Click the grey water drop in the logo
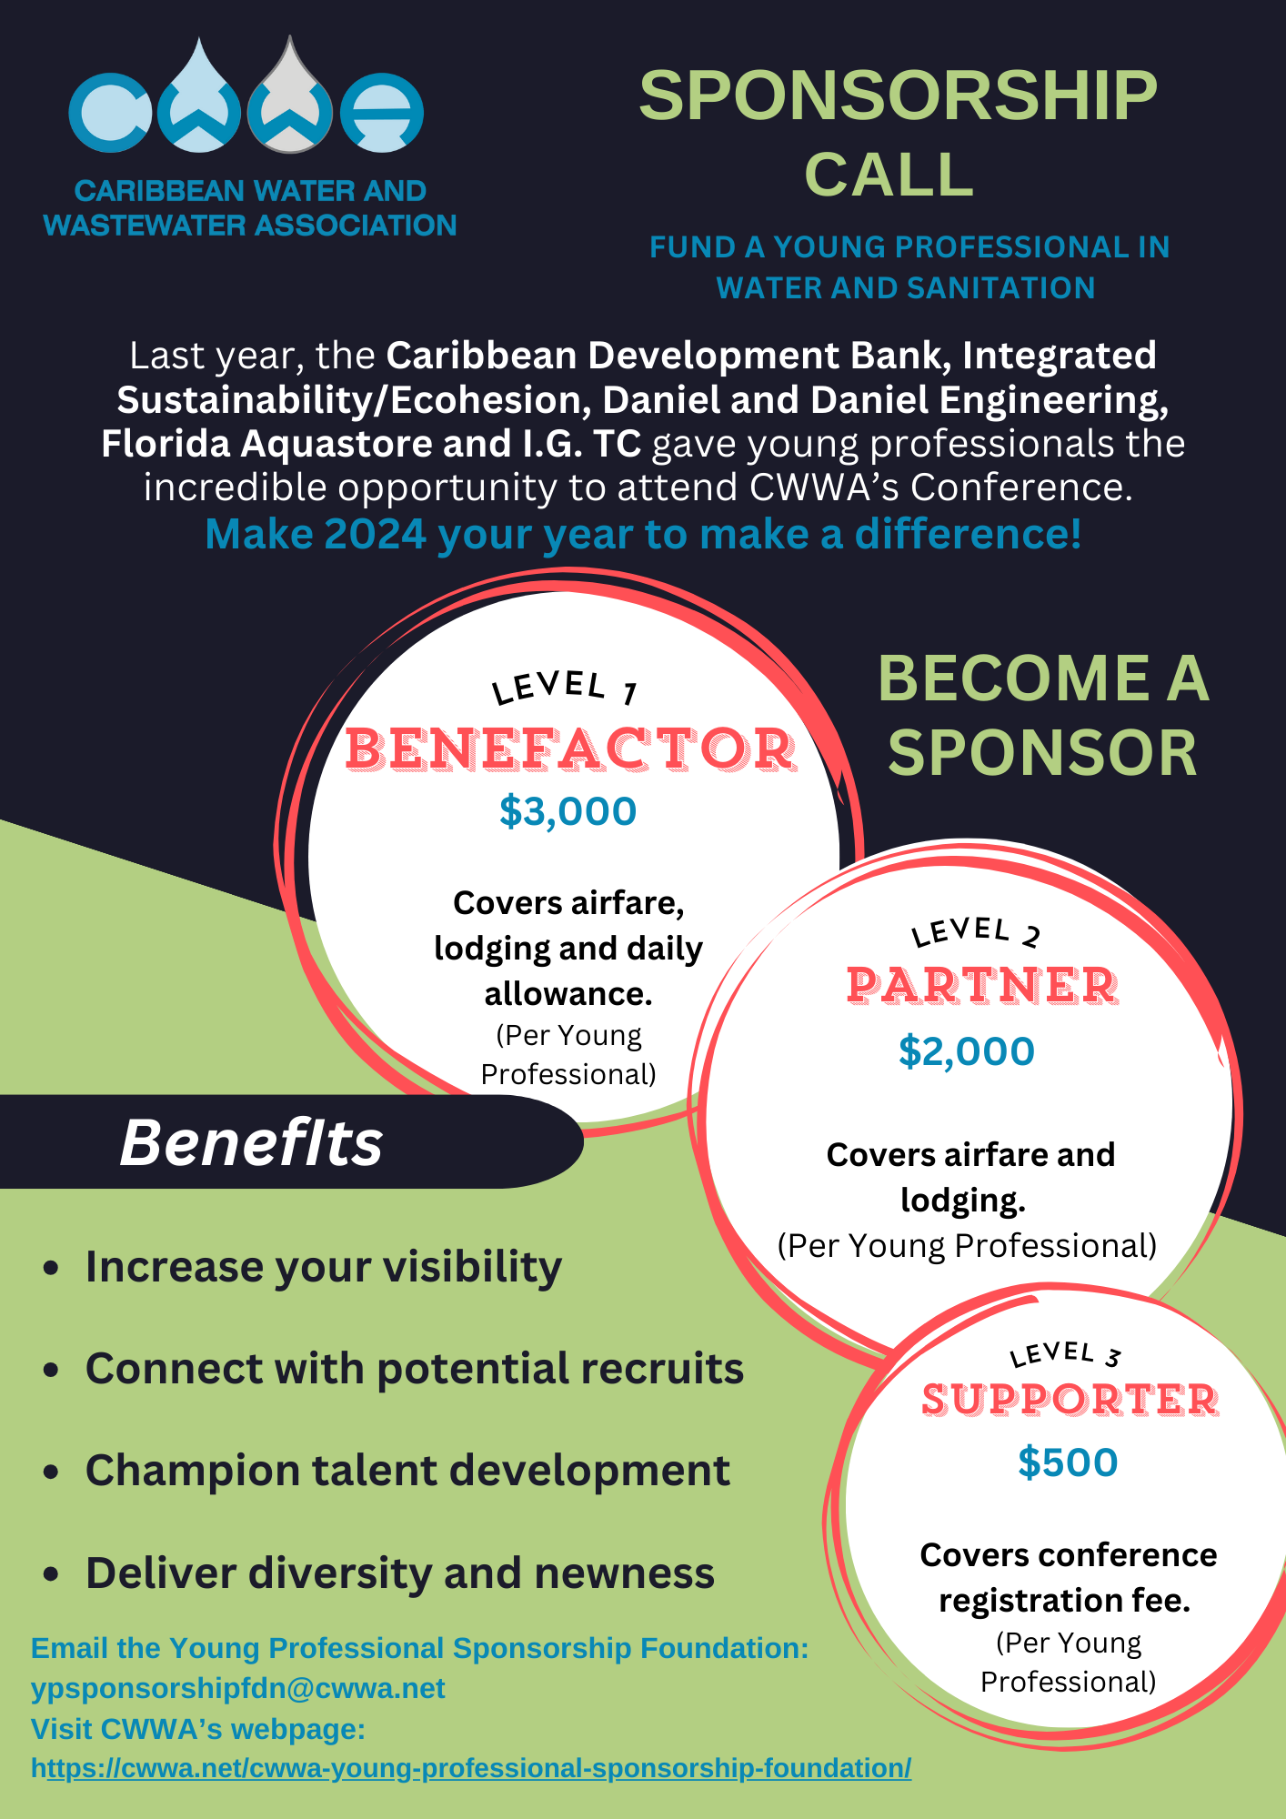point(290,96)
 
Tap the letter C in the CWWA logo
point(109,112)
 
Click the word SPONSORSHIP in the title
point(898,95)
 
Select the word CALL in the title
point(889,174)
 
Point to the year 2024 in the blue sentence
point(375,534)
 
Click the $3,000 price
point(568,811)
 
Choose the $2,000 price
point(966,1051)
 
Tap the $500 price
point(1068,1462)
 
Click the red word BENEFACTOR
point(571,749)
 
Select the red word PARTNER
point(982,986)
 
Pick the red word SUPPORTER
point(1070,1400)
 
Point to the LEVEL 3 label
point(1065,1354)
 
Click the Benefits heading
point(251,1142)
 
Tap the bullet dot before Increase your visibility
point(51,1268)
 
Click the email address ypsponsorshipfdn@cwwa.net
point(238,1688)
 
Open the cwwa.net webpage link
point(471,1768)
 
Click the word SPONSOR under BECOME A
point(1043,753)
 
